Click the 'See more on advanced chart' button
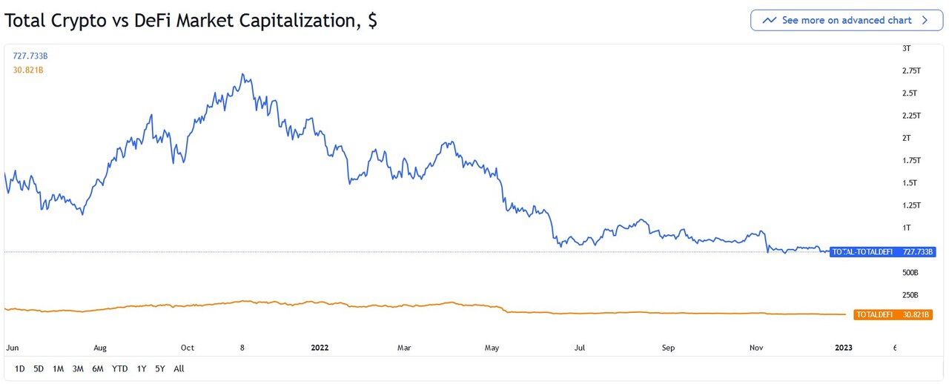846,20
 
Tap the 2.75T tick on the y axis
910,70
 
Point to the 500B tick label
910,272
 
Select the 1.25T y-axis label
910,205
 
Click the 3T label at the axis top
906,48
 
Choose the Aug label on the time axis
100,347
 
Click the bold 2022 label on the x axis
320,347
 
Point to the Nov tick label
756,347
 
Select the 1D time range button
19,368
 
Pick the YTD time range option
119,368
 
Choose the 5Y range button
160,368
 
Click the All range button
179,368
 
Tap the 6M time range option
97,368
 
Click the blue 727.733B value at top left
30,56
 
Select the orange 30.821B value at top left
28,70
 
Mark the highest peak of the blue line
243,74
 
